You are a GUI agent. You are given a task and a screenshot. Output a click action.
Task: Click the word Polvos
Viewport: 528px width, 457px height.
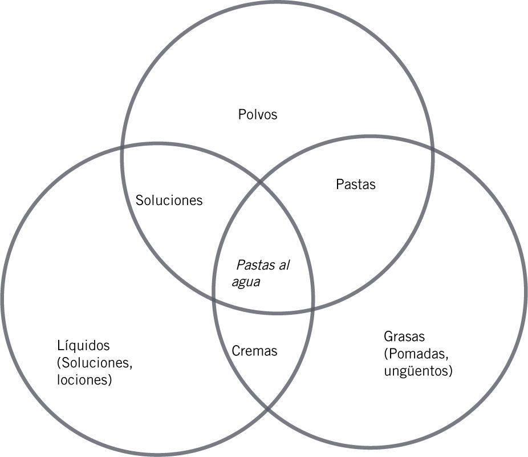pyautogui.click(x=257, y=114)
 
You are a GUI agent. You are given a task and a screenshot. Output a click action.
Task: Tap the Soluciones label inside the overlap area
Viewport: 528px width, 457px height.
pyautogui.click(x=169, y=201)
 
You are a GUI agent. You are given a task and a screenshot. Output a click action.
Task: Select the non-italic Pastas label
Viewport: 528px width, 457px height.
pyautogui.click(x=356, y=185)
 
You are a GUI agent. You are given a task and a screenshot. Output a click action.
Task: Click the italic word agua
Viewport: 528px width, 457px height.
pyautogui.click(x=246, y=282)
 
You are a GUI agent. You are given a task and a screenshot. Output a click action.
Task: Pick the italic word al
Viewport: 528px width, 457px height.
pyautogui.click(x=284, y=265)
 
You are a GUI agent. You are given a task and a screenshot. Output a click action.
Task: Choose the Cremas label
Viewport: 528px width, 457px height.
pyautogui.click(x=254, y=351)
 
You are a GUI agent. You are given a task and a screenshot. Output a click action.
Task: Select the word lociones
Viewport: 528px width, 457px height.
pyautogui.click(x=84, y=380)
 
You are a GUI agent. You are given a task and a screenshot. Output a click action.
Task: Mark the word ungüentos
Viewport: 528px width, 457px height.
pyautogui.click(x=419, y=371)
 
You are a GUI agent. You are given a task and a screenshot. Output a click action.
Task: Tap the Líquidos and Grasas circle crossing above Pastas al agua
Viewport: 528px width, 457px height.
pyautogui.click(x=262, y=183)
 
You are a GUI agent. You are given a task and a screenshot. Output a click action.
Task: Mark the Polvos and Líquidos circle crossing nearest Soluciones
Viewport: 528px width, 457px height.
pyautogui.click(x=122, y=147)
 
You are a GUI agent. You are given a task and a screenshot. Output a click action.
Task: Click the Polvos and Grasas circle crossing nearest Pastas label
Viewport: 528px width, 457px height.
pyautogui.click(x=432, y=149)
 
